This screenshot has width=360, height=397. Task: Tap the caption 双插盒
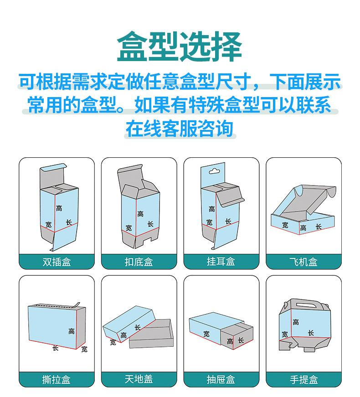coord(57,262)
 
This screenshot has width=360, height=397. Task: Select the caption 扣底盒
coord(139,262)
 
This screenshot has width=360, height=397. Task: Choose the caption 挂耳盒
coord(221,262)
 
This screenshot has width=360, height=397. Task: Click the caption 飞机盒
coord(303,262)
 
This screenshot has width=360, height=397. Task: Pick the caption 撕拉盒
coord(57,379)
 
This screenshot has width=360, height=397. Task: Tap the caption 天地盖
coord(139,379)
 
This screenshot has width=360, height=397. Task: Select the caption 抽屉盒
coord(221,379)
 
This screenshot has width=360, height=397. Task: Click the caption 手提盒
coord(303,379)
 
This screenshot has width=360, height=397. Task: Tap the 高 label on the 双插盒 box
coord(59,208)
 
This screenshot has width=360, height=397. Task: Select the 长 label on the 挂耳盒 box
coord(228,222)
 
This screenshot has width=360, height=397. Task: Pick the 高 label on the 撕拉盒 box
coord(72,331)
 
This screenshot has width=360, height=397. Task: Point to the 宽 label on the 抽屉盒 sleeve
coord(206,334)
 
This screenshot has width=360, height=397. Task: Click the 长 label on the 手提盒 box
coord(310,333)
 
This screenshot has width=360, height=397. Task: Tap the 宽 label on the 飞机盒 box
coord(285,225)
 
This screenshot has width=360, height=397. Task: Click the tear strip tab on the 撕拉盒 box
coord(78,304)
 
